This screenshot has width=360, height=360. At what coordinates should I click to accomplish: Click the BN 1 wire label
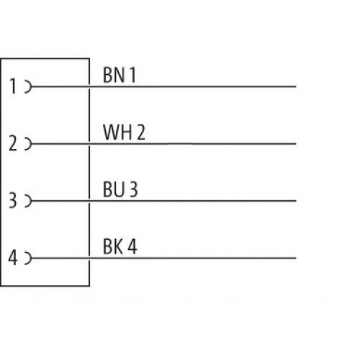(120, 75)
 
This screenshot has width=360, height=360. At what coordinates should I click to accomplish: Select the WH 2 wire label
(124, 132)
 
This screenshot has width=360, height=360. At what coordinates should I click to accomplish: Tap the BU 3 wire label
(120, 189)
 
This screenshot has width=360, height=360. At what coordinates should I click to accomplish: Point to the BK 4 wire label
(120, 246)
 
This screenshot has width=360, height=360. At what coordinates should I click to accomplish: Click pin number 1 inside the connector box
(13, 86)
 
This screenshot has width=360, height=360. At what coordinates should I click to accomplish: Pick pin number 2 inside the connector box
(13, 143)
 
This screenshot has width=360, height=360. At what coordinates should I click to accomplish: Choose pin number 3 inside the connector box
(13, 201)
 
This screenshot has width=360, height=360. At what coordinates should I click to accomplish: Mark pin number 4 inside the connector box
(13, 258)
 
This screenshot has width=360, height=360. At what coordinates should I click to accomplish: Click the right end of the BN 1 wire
(296, 86)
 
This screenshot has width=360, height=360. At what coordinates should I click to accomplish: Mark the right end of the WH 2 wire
(296, 144)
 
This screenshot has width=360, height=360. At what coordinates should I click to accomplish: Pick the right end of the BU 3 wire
(296, 201)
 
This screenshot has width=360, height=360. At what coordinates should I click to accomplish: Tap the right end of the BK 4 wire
(296, 258)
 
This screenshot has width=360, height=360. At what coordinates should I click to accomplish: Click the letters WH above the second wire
(117, 132)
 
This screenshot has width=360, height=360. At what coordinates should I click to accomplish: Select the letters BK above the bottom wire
(113, 246)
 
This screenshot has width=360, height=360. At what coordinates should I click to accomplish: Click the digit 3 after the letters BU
(134, 189)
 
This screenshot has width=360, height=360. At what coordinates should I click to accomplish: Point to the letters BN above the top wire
(114, 75)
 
